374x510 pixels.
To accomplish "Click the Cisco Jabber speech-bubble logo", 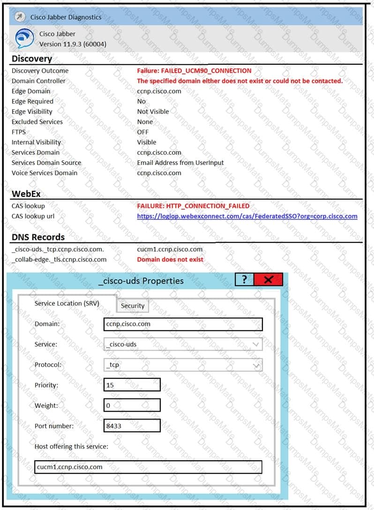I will point(24,39).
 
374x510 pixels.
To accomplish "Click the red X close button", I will point(268,280).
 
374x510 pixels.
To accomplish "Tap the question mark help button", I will point(244,280).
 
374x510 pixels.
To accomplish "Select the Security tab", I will point(133,306).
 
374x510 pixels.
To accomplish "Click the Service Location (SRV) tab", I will point(67,303).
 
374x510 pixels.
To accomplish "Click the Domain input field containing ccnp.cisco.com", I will point(183,324).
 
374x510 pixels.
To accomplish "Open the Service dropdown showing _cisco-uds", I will point(183,345).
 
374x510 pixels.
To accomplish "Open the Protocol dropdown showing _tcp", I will point(183,365).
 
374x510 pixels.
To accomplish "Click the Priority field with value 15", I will point(132,385).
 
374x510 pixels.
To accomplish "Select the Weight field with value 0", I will point(132,405).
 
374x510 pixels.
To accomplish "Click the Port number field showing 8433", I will point(132,426).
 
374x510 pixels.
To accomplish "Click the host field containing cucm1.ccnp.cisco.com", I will point(148,467).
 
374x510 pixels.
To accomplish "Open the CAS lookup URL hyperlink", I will point(247,216).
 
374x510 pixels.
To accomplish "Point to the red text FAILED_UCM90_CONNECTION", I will point(194,71).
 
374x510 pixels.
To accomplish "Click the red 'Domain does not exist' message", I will point(170,259).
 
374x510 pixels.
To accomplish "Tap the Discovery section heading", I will point(31,59).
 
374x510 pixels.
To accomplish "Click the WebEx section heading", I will point(28,194).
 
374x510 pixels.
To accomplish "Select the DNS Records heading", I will point(38,237).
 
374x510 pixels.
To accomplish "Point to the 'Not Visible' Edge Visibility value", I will point(153,112).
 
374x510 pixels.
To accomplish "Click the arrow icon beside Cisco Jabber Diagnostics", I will point(19,17).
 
